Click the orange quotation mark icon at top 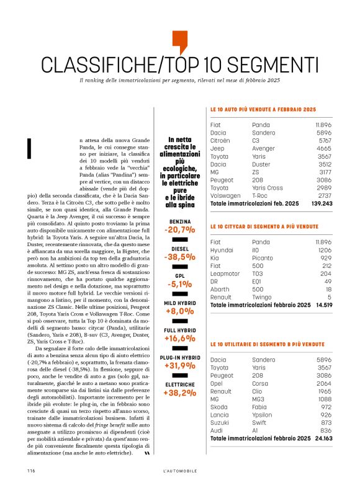(x=179, y=40)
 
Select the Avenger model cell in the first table (x=264, y=148)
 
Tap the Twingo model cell (x=263, y=297)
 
